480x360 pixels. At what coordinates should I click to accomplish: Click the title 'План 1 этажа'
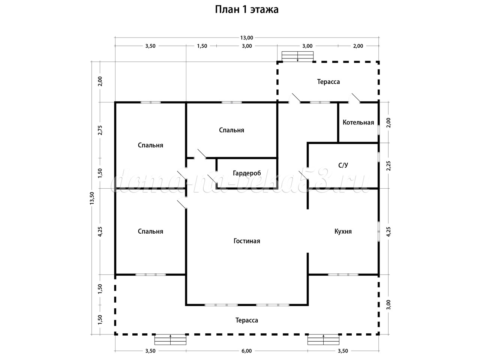(246, 10)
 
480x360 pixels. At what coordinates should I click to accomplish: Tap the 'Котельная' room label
(358, 122)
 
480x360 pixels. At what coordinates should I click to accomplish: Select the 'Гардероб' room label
(247, 173)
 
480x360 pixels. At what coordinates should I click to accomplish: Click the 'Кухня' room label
(343, 231)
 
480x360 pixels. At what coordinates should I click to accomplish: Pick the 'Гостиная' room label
(246, 241)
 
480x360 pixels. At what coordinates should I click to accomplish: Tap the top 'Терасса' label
(328, 81)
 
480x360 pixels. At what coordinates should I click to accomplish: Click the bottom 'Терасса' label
(246, 320)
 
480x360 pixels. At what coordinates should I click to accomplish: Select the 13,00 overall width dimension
(246, 37)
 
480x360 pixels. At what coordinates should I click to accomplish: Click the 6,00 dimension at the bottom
(246, 351)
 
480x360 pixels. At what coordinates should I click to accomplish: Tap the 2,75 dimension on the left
(100, 130)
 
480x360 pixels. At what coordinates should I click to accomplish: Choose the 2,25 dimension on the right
(388, 165)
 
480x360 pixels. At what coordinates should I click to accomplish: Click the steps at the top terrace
(298, 56)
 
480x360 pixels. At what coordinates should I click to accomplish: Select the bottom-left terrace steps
(171, 340)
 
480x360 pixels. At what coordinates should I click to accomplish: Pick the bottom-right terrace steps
(324, 340)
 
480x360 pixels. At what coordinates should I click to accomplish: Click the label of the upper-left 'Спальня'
(150, 145)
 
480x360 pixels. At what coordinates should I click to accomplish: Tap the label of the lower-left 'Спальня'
(150, 231)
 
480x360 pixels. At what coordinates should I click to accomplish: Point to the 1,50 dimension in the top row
(202, 46)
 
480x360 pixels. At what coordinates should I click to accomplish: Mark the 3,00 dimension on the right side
(388, 304)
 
